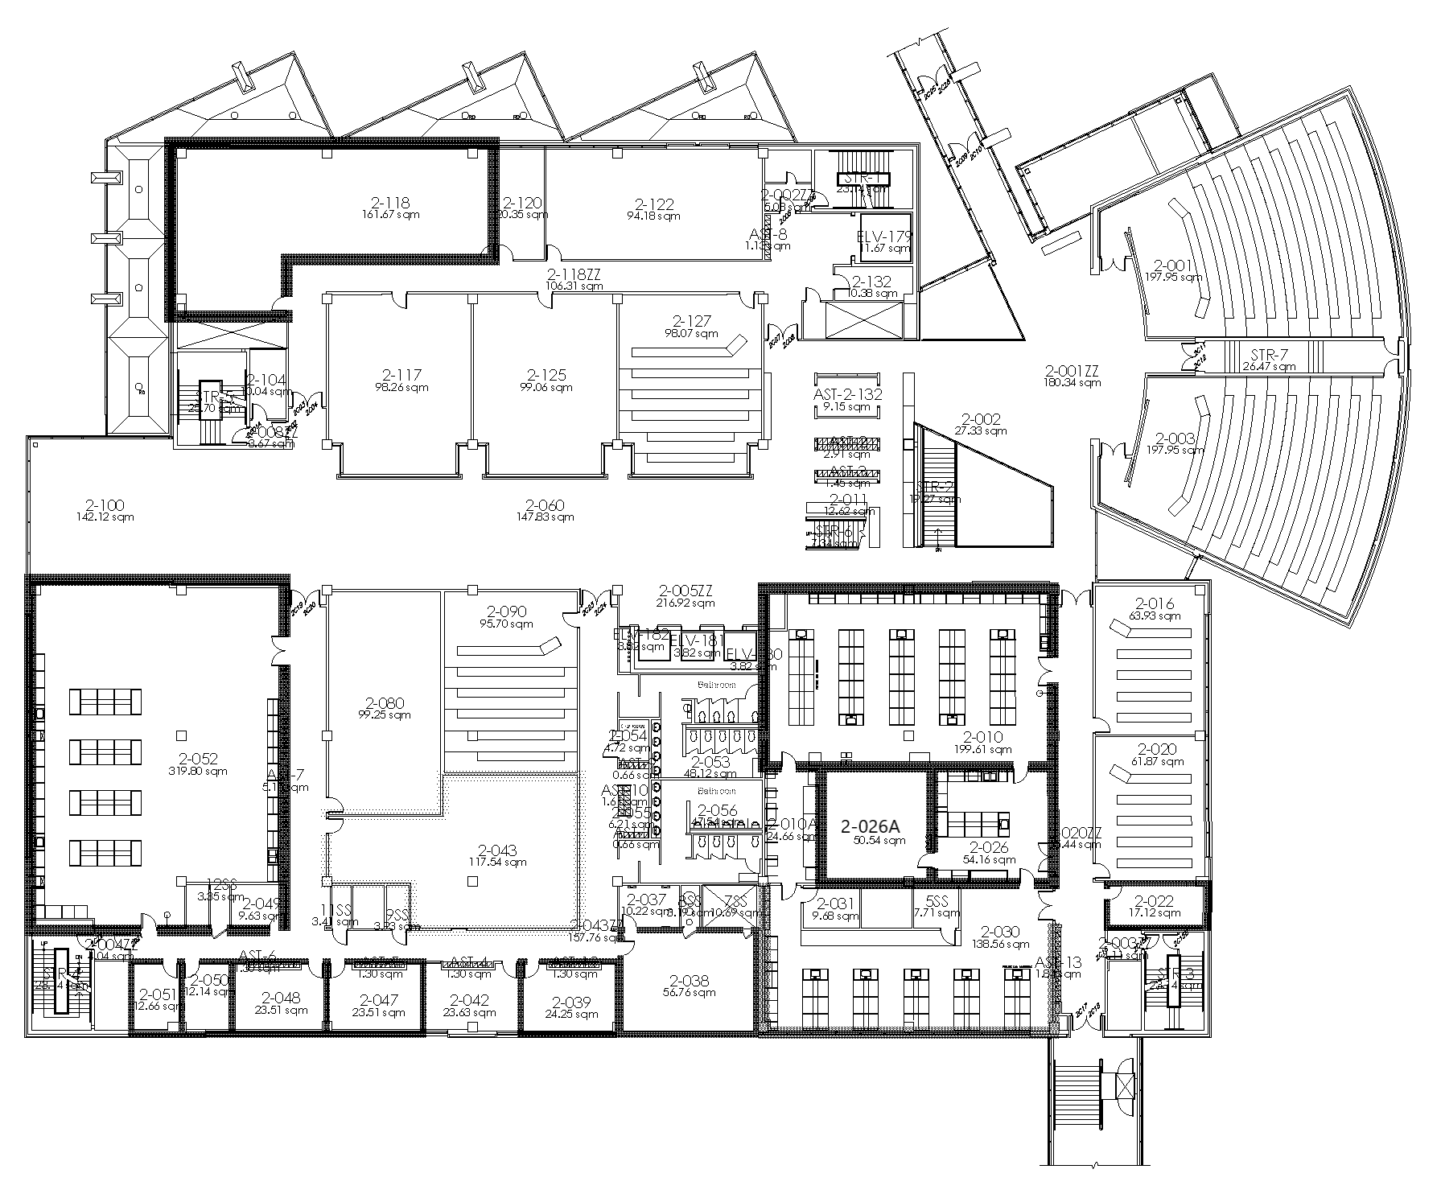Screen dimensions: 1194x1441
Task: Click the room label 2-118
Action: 390,204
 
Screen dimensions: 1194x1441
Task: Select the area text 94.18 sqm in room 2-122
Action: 653,216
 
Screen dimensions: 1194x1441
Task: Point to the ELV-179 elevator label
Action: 886,236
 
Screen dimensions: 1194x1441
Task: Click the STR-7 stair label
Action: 1269,354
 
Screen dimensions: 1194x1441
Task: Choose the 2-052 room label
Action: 199,759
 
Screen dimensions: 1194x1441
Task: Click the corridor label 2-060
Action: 545,505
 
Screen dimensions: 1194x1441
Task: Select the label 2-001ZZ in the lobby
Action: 1072,370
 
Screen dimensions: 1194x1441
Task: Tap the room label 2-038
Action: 690,980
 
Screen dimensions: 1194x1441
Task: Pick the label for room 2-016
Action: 1155,603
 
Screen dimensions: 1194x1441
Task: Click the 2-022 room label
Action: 1155,901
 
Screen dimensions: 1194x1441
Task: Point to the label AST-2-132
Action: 848,394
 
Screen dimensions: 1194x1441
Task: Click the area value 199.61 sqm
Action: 983,749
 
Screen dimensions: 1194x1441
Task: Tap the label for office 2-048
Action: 281,997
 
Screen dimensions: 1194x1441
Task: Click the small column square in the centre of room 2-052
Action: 182,735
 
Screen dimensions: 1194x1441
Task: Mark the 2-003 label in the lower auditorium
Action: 1175,438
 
